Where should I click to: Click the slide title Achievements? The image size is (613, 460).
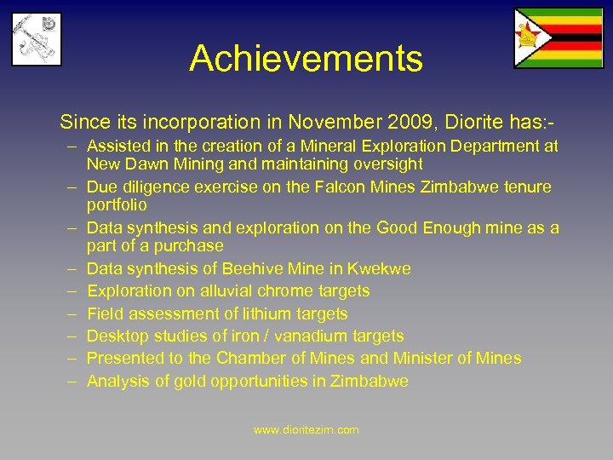(x=306, y=59)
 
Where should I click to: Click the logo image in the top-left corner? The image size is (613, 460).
(x=36, y=38)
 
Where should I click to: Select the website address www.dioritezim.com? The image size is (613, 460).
(x=306, y=430)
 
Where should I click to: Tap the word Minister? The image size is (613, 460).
(x=420, y=358)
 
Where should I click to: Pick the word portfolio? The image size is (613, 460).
(x=117, y=204)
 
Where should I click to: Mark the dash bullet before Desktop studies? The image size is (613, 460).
(x=75, y=336)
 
